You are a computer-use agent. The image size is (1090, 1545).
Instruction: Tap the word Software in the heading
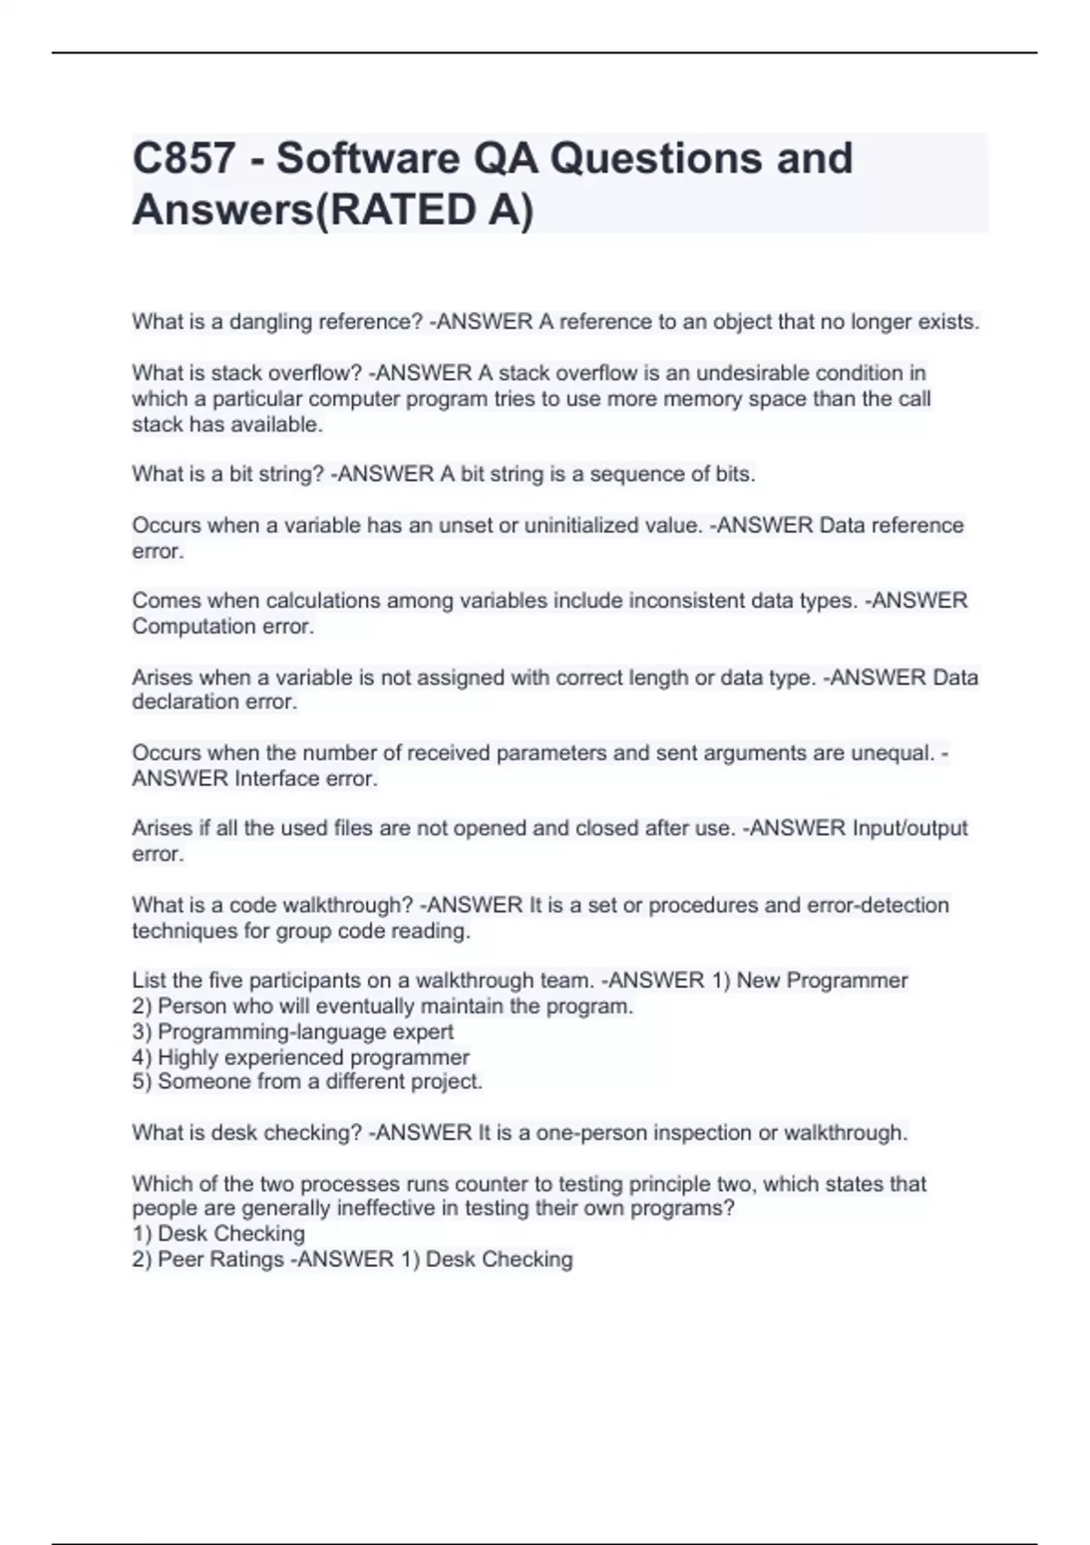367,158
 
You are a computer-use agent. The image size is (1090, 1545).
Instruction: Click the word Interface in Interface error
277,779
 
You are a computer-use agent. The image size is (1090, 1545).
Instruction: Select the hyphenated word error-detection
877,905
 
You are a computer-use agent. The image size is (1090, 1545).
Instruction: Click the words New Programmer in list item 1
822,981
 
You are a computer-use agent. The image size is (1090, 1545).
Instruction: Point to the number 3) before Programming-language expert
142,1032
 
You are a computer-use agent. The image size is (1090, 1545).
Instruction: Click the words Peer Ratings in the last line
221,1260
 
